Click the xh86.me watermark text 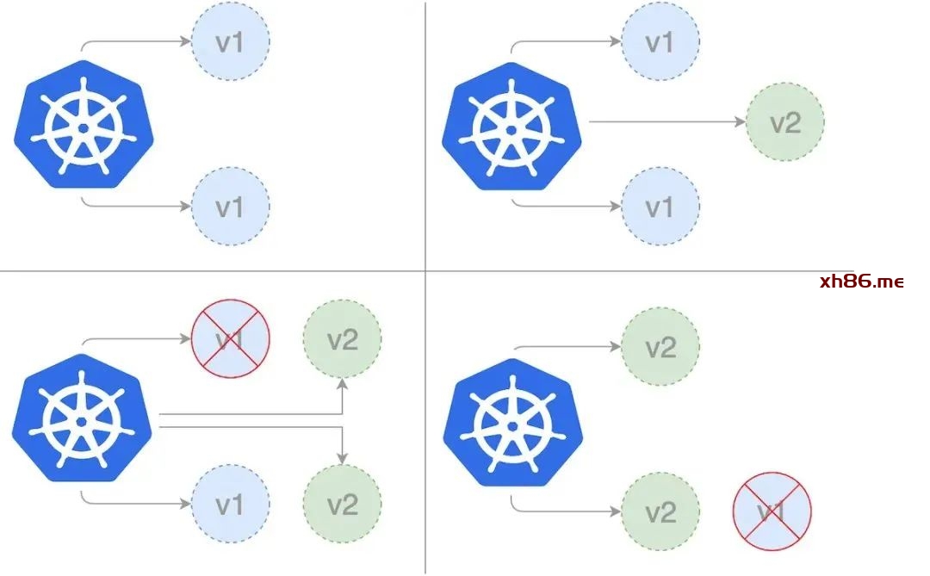(x=862, y=282)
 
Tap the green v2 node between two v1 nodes (x=784, y=122)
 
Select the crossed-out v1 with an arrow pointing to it (x=230, y=338)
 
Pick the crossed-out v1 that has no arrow (x=772, y=511)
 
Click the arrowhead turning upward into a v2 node (x=343, y=383)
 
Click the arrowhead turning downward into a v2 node (x=343, y=455)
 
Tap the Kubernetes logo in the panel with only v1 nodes (x=84, y=125)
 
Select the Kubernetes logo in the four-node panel (x=83, y=418)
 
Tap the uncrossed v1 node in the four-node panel (x=230, y=505)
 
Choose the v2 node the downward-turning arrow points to (x=342, y=504)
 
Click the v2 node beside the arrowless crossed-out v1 (x=660, y=511)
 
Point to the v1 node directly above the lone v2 (x=660, y=41)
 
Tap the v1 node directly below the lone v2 (x=660, y=207)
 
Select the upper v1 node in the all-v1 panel (x=230, y=41)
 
